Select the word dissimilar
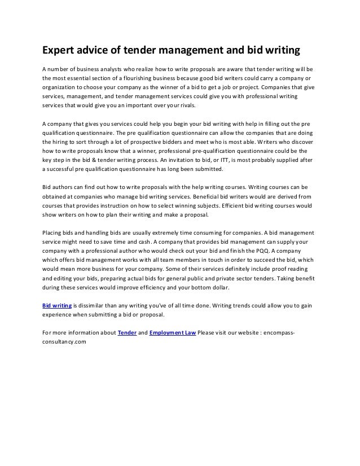point(91,305)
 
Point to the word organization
point(60,88)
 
